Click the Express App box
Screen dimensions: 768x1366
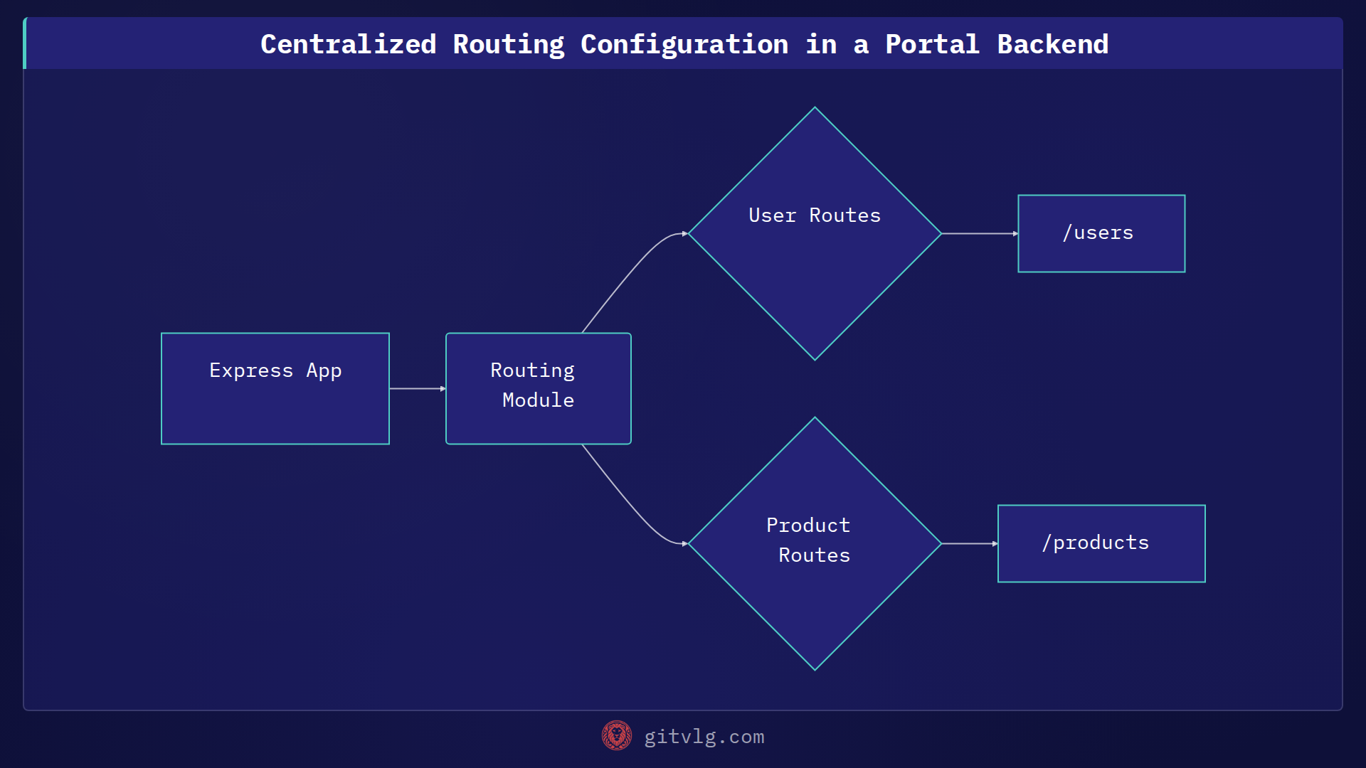click(x=275, y=389)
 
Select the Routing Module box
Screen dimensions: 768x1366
click(x=539, y=389)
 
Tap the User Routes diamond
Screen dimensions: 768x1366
click(x=815, y=234)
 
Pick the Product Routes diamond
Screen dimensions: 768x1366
click(x=815, y=544)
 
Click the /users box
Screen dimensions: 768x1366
click(x=1101, y=234)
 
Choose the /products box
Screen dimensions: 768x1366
click(x=1101, y=544)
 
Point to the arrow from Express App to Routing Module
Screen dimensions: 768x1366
click(x=417, y=389)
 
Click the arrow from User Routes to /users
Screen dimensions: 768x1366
click(x=979, y=233)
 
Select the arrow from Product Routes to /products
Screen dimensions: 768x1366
click(x=969, y=544)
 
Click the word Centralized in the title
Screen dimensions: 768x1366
click(x=348, y=45)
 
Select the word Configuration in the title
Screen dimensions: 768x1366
click(x=684, y=45)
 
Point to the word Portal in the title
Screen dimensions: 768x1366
click(x=932, y=45)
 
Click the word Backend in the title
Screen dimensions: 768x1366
click(x=1052, y=45)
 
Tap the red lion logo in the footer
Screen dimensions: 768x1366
click(x=616, y=736)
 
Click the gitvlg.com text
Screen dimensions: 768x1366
click(x=704, y=737)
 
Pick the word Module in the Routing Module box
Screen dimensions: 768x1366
click(x=538, y=400)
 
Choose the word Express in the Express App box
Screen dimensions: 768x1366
click(x=251, y=370)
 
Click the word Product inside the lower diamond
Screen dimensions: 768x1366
click(x=808, y=526)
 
